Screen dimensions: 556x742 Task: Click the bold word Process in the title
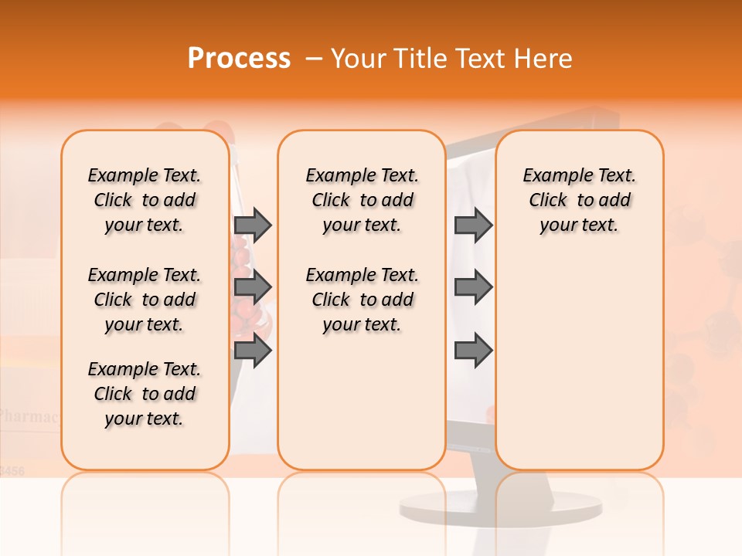click(x=239, y=59)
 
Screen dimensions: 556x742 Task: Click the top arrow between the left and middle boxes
click(x=253, y=225)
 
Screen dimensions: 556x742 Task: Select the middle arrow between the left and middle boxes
click(x=253, y=287)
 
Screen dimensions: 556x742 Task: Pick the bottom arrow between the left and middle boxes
click(x=253, y=351)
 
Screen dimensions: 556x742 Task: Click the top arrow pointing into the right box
click(x=473, y=225)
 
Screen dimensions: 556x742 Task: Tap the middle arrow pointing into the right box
click(x=473, y=287)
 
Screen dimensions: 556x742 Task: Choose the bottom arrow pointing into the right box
click(x=473, y=351)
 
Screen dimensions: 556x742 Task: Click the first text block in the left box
click(x=145, y=200)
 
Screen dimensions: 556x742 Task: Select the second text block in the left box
click(x=145, y=300)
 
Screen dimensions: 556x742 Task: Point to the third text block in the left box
click(x=145, y=394)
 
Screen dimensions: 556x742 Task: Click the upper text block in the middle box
click(x=362, y=200)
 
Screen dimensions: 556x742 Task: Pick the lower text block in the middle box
click(x=362, y=300)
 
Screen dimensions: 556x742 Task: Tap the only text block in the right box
click(x=579, y=200)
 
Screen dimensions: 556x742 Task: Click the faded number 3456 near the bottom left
click(x=12, y=470)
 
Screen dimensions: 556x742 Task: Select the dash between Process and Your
click(x=314, y=59)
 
